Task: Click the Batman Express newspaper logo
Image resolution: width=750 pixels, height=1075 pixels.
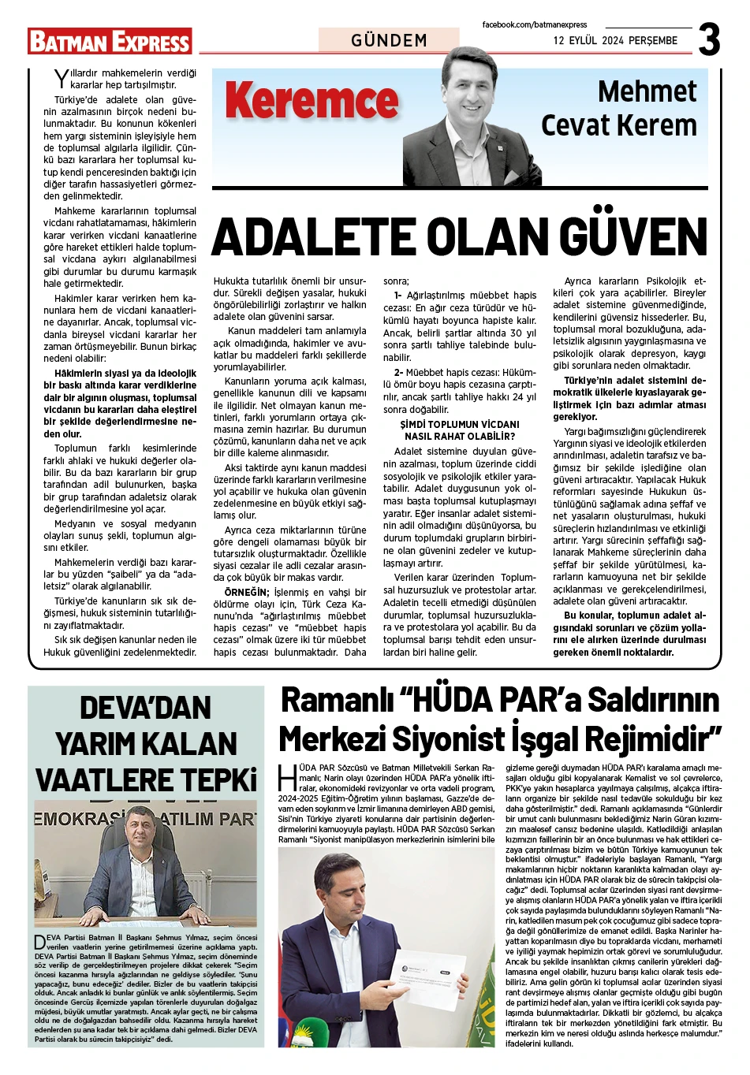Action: click(110, 41)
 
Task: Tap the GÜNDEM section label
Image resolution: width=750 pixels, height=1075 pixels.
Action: click(389, 40)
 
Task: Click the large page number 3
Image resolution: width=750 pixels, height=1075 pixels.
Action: click(709, 39)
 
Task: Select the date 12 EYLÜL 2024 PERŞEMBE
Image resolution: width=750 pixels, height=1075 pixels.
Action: click(615, 40)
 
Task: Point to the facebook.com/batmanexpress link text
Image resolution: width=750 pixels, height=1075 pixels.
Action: click(535, 25)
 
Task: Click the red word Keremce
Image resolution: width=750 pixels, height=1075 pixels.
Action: click(312, 102)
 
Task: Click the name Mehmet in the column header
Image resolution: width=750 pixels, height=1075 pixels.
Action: click(647, 91)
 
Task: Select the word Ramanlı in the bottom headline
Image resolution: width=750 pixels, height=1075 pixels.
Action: click(334, 701)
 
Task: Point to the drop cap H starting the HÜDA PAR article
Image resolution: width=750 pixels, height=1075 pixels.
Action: click(287, 776)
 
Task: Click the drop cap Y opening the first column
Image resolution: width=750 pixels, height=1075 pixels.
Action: click(61, 78)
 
